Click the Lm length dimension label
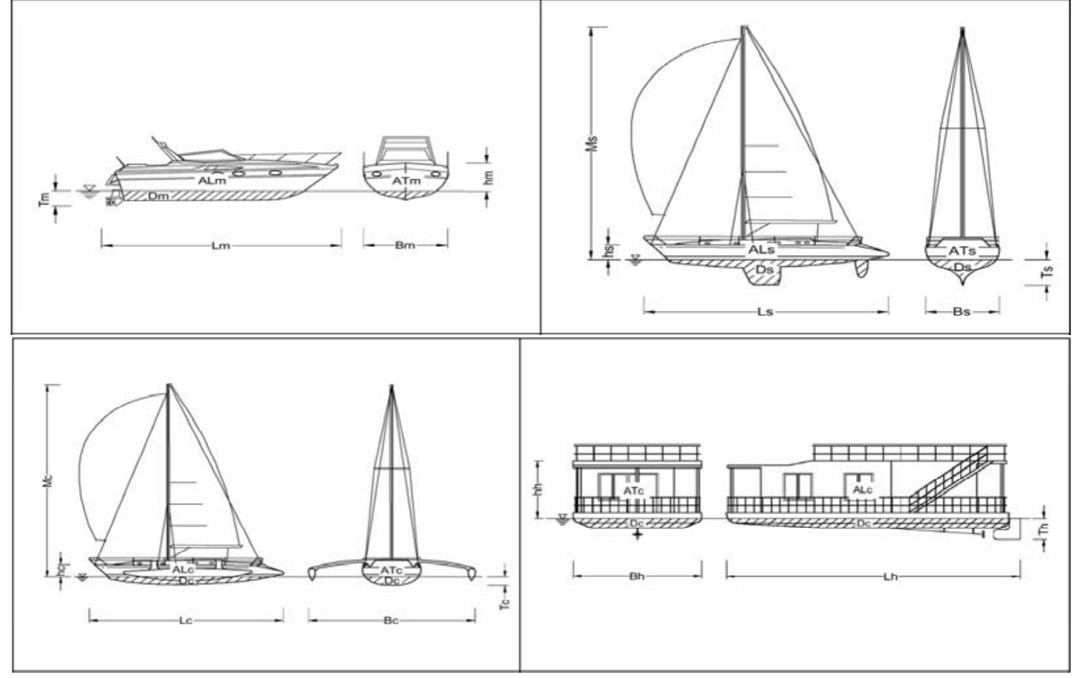(x=220, y=247)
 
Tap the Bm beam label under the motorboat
(x=405, y=247)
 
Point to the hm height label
(x=489, y=176)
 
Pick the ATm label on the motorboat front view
(x=406, y=180)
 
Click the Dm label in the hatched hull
(x=157, y=195)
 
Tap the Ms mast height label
(x=594, y=143)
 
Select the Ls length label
(x=765, y=311)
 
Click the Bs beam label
(x=961, y=311)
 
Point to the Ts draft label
(x=1048, y=271)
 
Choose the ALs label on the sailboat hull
(x=761, y=250)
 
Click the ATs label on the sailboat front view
(x=962, y=250)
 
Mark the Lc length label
(x=186, y=620)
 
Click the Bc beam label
(x=390, y=620)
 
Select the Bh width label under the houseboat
(x=636, y=578)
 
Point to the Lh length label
(x=890, y=578)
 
